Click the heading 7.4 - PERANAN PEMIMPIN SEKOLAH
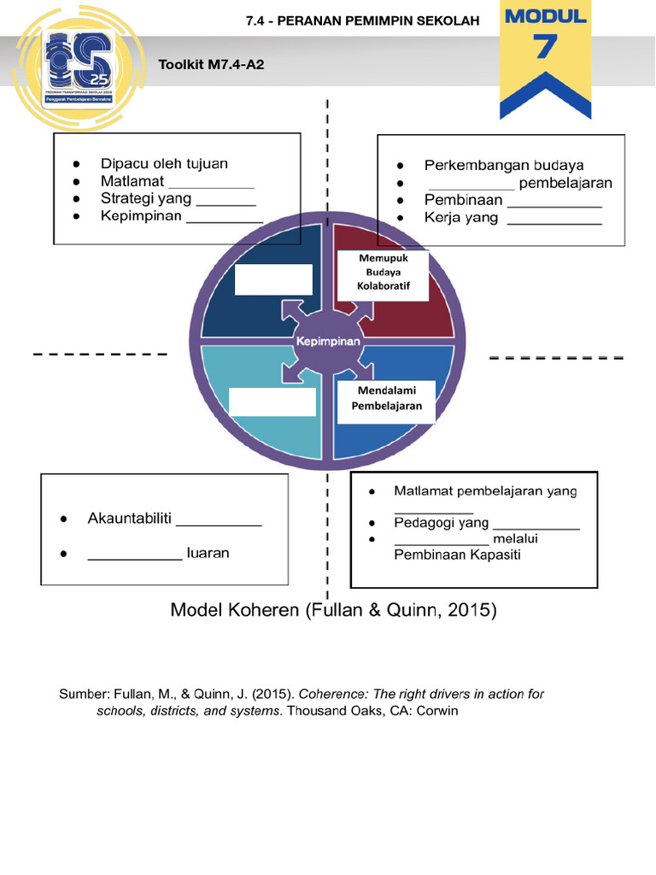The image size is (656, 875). (362, 21)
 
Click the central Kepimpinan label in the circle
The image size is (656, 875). (329, 341)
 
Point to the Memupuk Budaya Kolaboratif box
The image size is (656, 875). (383, 273)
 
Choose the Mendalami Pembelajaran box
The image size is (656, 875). (389, 399)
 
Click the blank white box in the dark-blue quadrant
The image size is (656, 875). (273, 279)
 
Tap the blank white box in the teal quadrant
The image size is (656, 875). (272, 401)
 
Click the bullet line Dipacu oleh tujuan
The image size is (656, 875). (164, 163)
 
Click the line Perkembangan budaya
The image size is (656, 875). (504, 165)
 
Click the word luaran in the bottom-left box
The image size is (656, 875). (208, 553)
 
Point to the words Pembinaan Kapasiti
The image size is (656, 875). (457, 555)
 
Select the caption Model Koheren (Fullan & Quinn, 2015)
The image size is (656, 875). (333, 610)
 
